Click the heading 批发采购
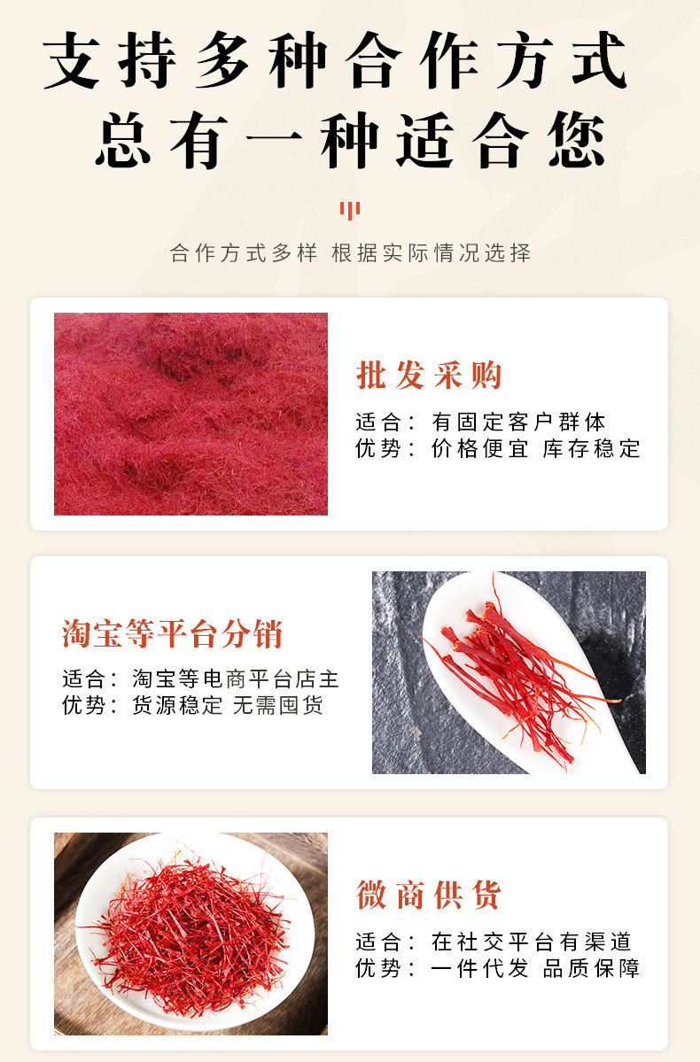pyautogui.click(x=429, y=375)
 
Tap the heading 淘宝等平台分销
pyautogui.click(x=173, y=633)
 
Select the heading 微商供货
pyautogui.click(x=429, y=895)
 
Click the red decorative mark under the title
pyautogui.click(x=350, y=210)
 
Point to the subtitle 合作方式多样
pyautogui.click(x=244, y=252)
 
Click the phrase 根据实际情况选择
pyautogui.click(x=431, y=252)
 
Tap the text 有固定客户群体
pyautogui.click(x=518, y=422)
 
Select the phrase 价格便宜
pyautogui.click(x=479, y=448)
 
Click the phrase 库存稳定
pyautogui.click(x=592, y=448)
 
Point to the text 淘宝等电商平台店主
pyautogui.click(x=235, y=678)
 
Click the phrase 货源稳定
pyautogui.click(x=177, y=705)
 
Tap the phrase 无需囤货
pyautogui.click(x=278, y=705)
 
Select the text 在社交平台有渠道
pyautogui.click(x=532, y=942)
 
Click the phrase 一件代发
pyautogui.click(x=479, y=968)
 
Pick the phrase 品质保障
pyautogui.click(x=592, y=968)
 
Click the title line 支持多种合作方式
pyautogui.click(x=336, y=61)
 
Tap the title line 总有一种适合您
pyautogui.click(x=350, y=141)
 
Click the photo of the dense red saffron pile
pyautogui.click(x=191, y=414)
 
